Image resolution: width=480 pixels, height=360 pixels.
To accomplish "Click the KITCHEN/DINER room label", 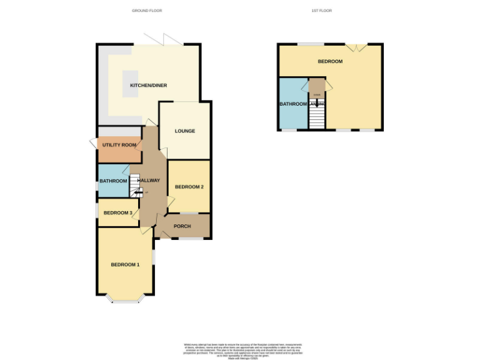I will click(x=148, y=86).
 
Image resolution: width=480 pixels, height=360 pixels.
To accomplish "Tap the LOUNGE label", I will click(x=185, y=131).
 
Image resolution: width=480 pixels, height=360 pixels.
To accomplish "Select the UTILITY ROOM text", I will click(x=119, y=145).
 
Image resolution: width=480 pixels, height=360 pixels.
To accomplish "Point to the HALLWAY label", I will click(x=149, y=181).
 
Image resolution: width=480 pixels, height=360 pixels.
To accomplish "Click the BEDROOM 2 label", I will click(x=189, y=187).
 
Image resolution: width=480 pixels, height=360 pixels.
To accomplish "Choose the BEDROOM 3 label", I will click(x=117, y=213).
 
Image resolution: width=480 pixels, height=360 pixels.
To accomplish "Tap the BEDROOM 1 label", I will click(x=125, y=265).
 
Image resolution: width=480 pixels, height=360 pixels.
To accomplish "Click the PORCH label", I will click(x=182, y=226).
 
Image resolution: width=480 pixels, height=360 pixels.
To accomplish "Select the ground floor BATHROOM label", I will click(x=112, y=181).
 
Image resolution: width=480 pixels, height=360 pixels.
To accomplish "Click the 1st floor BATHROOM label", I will click(x=292, y=104).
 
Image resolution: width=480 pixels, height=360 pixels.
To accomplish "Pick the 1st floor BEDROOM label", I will click(x=330, y=61).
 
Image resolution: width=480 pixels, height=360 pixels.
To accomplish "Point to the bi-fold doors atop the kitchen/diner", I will click(x=164, y=39).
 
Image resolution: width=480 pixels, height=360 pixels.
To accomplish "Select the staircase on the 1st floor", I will click(x=317, y=116).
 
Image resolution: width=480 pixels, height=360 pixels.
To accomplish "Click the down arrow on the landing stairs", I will click(x=317, y=103).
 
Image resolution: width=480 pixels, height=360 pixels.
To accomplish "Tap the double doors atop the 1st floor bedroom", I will click(x=356, y=47).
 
